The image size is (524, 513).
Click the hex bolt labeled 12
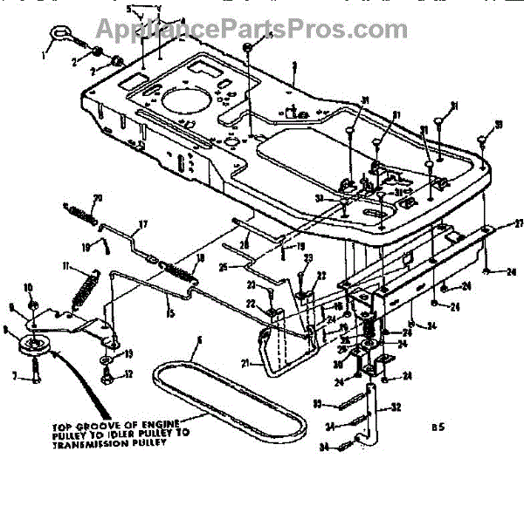coord(107,376)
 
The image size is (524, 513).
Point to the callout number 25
coord(224,266)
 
